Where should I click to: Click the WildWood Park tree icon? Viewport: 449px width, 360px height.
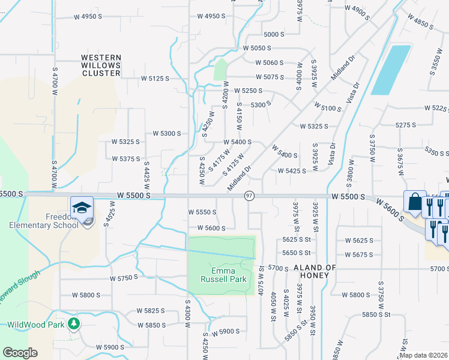pyautogui.click(x=74, y=324)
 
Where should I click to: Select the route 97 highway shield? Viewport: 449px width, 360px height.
pyautogui.click(x=250, y=196)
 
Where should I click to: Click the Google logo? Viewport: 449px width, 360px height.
pyautogui.click(x=20, y=352)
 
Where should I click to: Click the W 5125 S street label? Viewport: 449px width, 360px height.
pyautogui.click(x=155, y=78)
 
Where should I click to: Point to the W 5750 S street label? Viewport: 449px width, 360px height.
pyautogui.click(x=124, y=278)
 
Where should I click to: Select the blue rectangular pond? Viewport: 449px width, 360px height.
pyautogui.click(x=391, y=70)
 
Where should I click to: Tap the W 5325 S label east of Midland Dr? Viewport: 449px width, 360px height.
pyautogui.click(x=313, y=126)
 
